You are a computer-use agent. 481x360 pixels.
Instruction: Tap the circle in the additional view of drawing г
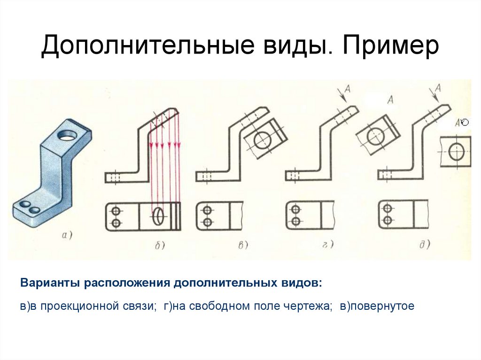[375, 136]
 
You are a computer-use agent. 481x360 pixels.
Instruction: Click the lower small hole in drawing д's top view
[387, 220]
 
